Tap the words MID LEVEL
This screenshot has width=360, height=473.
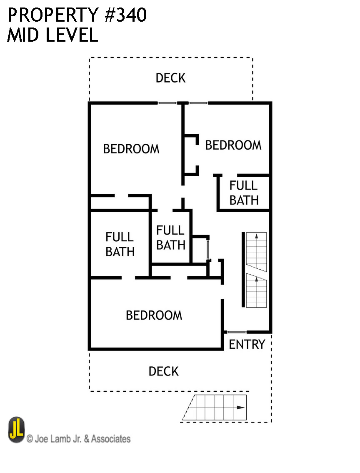click(x=52, y=35)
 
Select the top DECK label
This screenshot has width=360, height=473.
click(x=170, y=78)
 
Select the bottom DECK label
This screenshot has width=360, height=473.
click(x=164, y=371)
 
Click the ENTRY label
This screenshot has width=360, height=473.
click(x=247, y=344)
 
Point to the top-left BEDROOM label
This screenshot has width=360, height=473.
click(x=131, y=149)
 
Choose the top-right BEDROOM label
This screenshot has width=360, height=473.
click(x=233, y=145)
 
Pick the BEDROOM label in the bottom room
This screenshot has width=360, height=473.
click(x=154, y=315)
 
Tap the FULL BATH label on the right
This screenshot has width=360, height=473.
click(x=244, y=193)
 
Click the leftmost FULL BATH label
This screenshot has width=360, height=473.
click(x=120, y=245)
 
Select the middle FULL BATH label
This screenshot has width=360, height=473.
click(x=170, y=238)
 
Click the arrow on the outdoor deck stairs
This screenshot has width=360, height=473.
click(x=240, y=408)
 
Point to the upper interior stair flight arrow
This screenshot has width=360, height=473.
click(x=257, y=236)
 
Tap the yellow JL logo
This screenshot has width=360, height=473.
click(x=16, y=430)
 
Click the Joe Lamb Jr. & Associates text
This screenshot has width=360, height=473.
click(x=78, y=438)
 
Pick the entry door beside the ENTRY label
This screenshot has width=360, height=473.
click(x=236, y=332)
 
